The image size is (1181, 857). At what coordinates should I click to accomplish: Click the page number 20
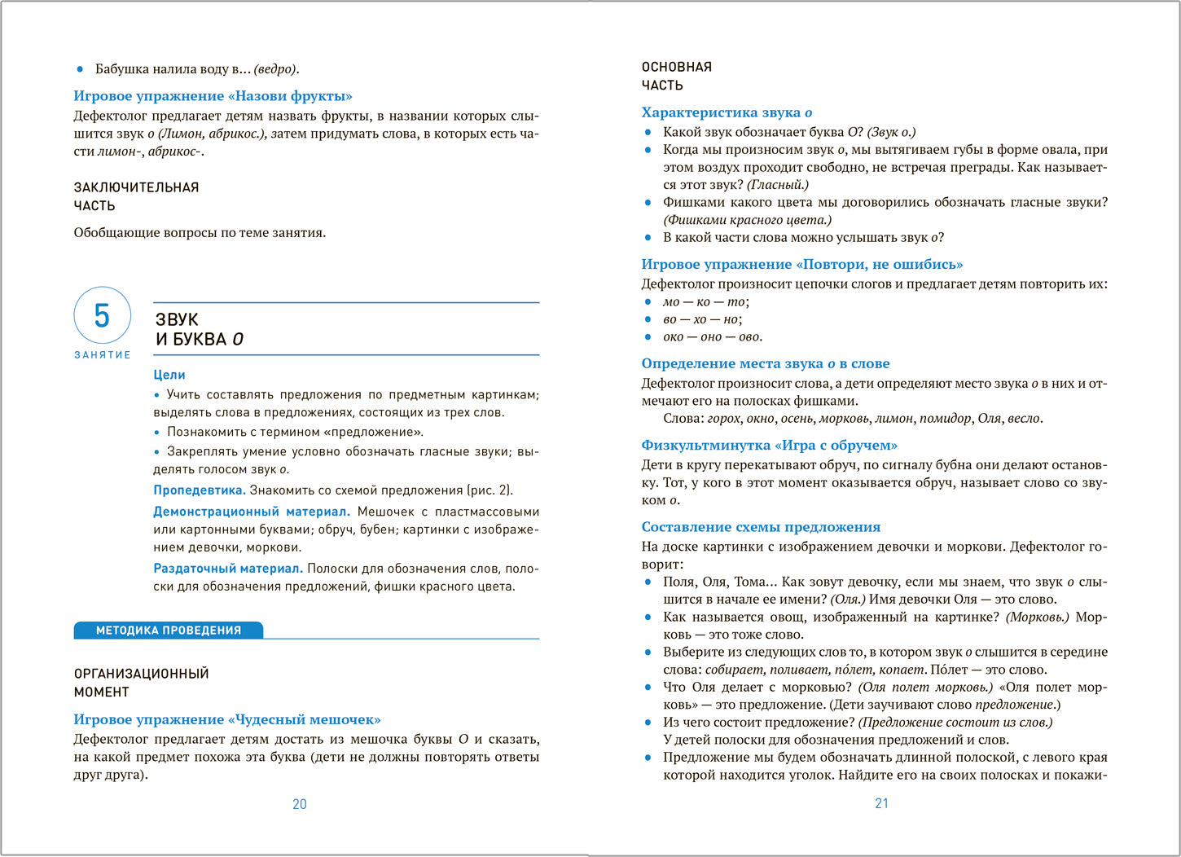(x=300, y=804)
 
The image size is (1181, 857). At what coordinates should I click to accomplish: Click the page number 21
(x=881, y=803)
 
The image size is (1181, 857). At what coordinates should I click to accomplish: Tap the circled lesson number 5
(x=102, y=315)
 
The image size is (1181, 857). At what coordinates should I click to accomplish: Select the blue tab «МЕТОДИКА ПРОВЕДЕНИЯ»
(x=168, y=630)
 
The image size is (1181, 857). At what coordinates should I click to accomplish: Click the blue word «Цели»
(x=169, y=375)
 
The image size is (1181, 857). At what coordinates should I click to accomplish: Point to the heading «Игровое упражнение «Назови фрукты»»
(x=213, y=96)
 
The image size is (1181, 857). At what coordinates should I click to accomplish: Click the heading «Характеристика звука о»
(x=727, y=112)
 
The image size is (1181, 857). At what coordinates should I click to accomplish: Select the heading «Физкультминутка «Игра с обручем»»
(x=769, y=445)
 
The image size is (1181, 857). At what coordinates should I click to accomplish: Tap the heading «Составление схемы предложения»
(x=761, y=527)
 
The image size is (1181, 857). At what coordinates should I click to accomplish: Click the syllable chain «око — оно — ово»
(x=712, y=336)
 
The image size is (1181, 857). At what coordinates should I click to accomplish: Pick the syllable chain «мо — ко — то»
(x=705, y=301)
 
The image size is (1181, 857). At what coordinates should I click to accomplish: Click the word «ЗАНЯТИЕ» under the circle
(x=103, y=355)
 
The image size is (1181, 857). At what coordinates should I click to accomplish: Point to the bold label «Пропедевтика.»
(x=200, y=490)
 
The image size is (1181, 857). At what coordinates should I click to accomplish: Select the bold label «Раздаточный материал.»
(x=228, y=569)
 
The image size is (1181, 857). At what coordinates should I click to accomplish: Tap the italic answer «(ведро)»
(x=276, y=69)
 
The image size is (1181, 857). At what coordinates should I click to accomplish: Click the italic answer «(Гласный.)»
(x=778, y=185)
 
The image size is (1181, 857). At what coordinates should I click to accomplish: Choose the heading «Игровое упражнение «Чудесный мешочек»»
(x=227, y=719)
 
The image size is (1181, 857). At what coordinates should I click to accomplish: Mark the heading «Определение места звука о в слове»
(x=765, y=363)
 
